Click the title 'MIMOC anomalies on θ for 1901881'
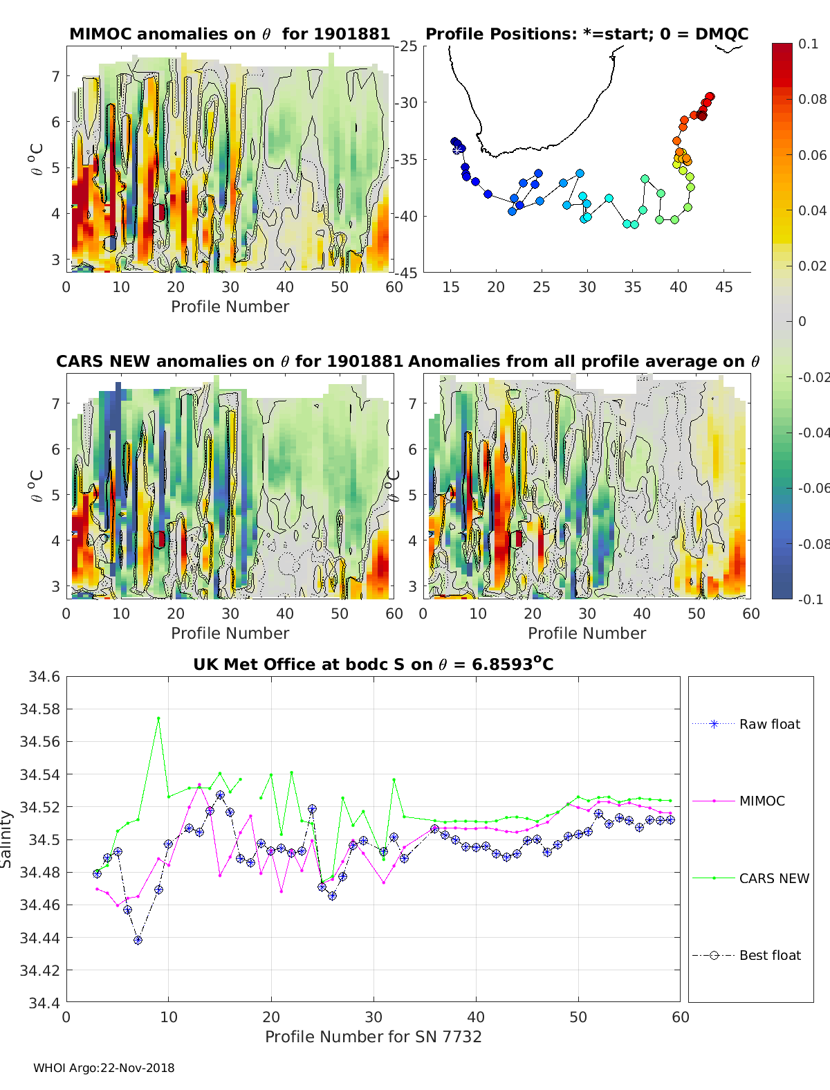pos(230,34)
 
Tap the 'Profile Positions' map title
pos(587,34)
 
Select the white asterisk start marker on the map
pos(457,149)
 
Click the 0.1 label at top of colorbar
pos(808,44)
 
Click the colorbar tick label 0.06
pos(812,155)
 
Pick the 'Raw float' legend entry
pos(769,724)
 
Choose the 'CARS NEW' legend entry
pos(774,878)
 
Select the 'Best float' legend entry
pos(770,955)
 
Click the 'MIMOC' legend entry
pos(762,801)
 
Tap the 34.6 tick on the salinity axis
pos(44,677)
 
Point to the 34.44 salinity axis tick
pos(39,938)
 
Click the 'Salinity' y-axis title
pos(7,839)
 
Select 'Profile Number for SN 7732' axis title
pos(373,1037)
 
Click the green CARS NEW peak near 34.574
pos(158,718)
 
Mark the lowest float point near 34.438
pos(138,940)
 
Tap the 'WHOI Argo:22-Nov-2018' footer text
pos(104,1068)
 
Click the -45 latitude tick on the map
pos(407,273)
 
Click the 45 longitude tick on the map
pos(723,287)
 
